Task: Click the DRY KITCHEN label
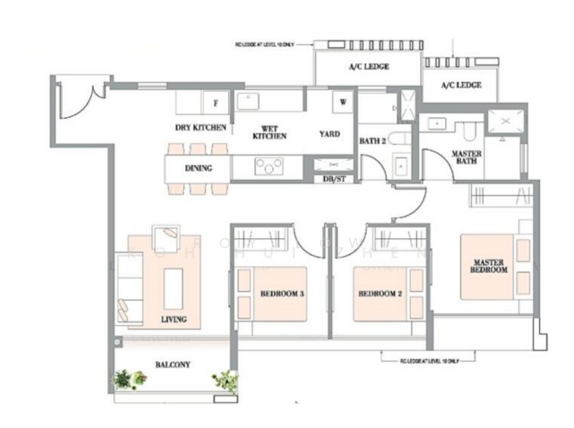(201, 128)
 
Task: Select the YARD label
(329, 134)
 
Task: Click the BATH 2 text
(373, 142)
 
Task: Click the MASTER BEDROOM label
(489, 265)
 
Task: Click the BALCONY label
(172, 364)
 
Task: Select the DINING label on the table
(198, 169)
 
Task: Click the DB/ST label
(334, 179)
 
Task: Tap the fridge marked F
(215, 103)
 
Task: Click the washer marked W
(343, 102)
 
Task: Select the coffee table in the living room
(174, 287)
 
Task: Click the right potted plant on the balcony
(225, 381)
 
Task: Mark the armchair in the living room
(169, 234)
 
